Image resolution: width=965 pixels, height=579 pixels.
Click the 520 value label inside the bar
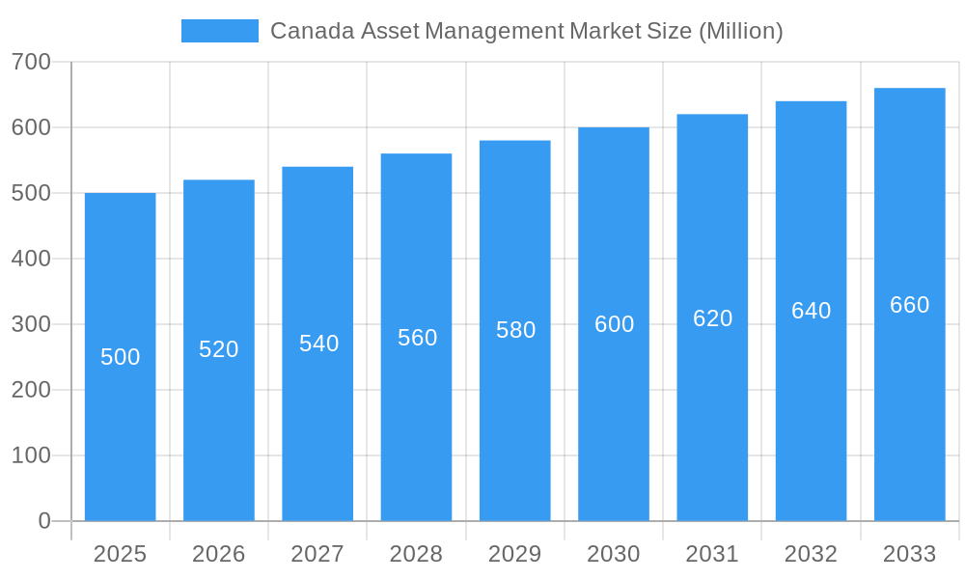pyautogui.click(x=219, y=349)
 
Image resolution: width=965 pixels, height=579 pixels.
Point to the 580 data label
pyautogui.click(x=515, y=330)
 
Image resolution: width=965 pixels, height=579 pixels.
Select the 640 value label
pyautogui.click(x=811, y=311)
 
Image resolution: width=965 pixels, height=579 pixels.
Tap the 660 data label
pyautogui.click(x=909, y=305)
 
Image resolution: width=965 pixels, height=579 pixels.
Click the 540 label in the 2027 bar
pyautogui.click(x=318, y=344)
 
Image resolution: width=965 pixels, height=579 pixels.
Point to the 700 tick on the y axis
pyautogui.click(x=31, y=62)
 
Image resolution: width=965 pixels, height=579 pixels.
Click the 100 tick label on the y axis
pyautogui.click(x=31, y=455)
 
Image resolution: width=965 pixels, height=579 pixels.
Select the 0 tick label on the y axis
pyautogui.click(x=43, y=521)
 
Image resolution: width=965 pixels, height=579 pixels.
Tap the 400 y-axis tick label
pyautogui.click(x=31, y=259)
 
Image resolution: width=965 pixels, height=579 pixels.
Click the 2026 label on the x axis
pyautogui.click(x=219, y=554)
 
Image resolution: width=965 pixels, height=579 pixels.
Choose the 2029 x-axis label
pyautogui.click(x=515, y=554)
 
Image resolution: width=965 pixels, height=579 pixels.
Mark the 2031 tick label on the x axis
pyautogui.click(x=712, y=554)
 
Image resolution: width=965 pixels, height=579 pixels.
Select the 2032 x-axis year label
pyautogui.click(x=811, y=554)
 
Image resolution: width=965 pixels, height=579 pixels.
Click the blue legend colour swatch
pyautogui.click(x=220, y=31)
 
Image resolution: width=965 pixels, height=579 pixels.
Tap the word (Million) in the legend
pyautogui.click(x=740, y=31)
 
